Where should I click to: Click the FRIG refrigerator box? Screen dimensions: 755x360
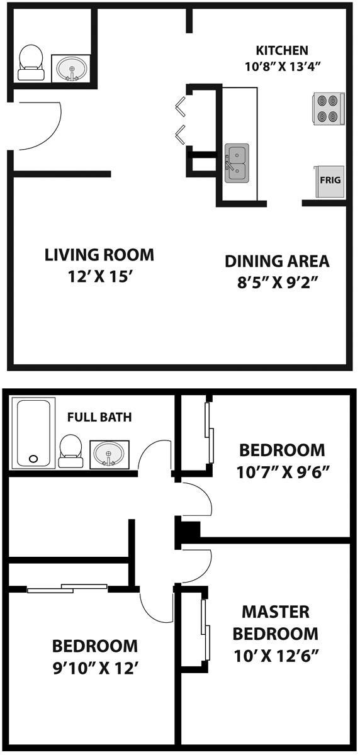coord(330,181)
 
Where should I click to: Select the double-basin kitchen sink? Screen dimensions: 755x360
coord(237,161)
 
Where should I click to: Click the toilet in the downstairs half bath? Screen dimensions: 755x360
coord(30,63)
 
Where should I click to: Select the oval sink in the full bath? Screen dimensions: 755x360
coord(110,453)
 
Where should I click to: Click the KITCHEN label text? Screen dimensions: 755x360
coord(281,50)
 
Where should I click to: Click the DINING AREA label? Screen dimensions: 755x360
coord(277,260)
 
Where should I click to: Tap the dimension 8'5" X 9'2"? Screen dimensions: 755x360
coord(277,281)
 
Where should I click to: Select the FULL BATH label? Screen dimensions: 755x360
coord(99,417)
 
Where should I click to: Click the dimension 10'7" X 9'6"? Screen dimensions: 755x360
coord(282,471)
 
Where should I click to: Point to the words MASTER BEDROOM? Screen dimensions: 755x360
coord(276,622)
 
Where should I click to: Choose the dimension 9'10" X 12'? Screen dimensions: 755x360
coord(94,667)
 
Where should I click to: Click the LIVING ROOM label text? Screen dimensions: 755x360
coord(99,255)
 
